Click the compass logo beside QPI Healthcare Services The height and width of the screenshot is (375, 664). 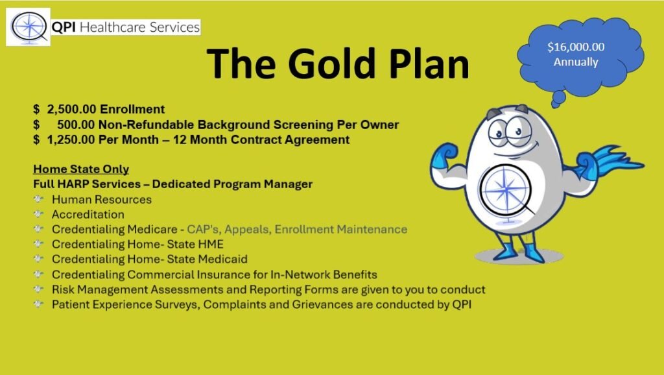coord(29,27)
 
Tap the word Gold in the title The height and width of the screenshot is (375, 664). coord(332,64)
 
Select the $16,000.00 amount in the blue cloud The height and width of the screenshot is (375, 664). coord(576,47)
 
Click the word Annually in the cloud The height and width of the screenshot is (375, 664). coord(576,62)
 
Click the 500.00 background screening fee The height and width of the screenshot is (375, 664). coord(77,125)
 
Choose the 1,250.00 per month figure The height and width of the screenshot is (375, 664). coord(71,140)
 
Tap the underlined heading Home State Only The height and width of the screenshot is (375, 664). coord(81,169)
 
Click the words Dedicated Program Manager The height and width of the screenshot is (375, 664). coord(232,184)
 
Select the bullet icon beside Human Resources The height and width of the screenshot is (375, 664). coord(38,199)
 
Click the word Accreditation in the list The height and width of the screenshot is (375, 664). coord(88,214)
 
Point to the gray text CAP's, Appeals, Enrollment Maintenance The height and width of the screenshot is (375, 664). coord(297,229)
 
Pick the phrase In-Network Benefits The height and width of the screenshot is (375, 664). coord(324,274)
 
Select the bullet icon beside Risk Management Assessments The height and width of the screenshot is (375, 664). coord(38,289)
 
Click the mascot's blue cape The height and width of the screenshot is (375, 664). coord(619,161)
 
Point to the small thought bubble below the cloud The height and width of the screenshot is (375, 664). coord(558,99)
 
